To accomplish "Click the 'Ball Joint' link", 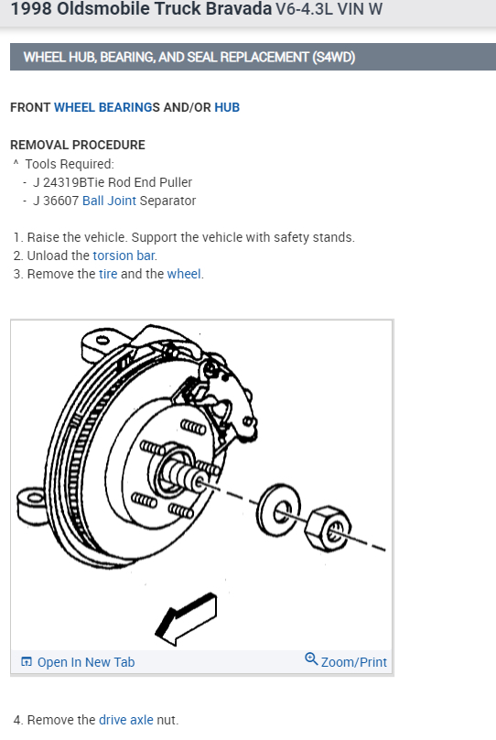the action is pos(109,201).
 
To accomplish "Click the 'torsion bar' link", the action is pos(124,256).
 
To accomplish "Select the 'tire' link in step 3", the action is pos(108,274).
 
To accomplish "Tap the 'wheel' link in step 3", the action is pos(184,274).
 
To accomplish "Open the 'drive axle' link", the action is pos(126,720).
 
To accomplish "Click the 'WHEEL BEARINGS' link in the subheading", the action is pos(107,107).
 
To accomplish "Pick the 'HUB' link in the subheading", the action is pos(227,107).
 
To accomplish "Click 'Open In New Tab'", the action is pos(86,662).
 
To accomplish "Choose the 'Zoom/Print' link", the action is pos(353,662).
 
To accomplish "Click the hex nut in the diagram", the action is pos(329,529).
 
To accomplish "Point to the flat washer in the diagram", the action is pos(278,509).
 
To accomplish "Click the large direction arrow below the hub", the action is pos(187,619).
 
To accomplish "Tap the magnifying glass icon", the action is pos(311,658).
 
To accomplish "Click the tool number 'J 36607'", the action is pos(56,201).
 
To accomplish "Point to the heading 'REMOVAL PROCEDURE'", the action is pos(78,145).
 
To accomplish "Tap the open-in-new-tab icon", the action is pos(27,661).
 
